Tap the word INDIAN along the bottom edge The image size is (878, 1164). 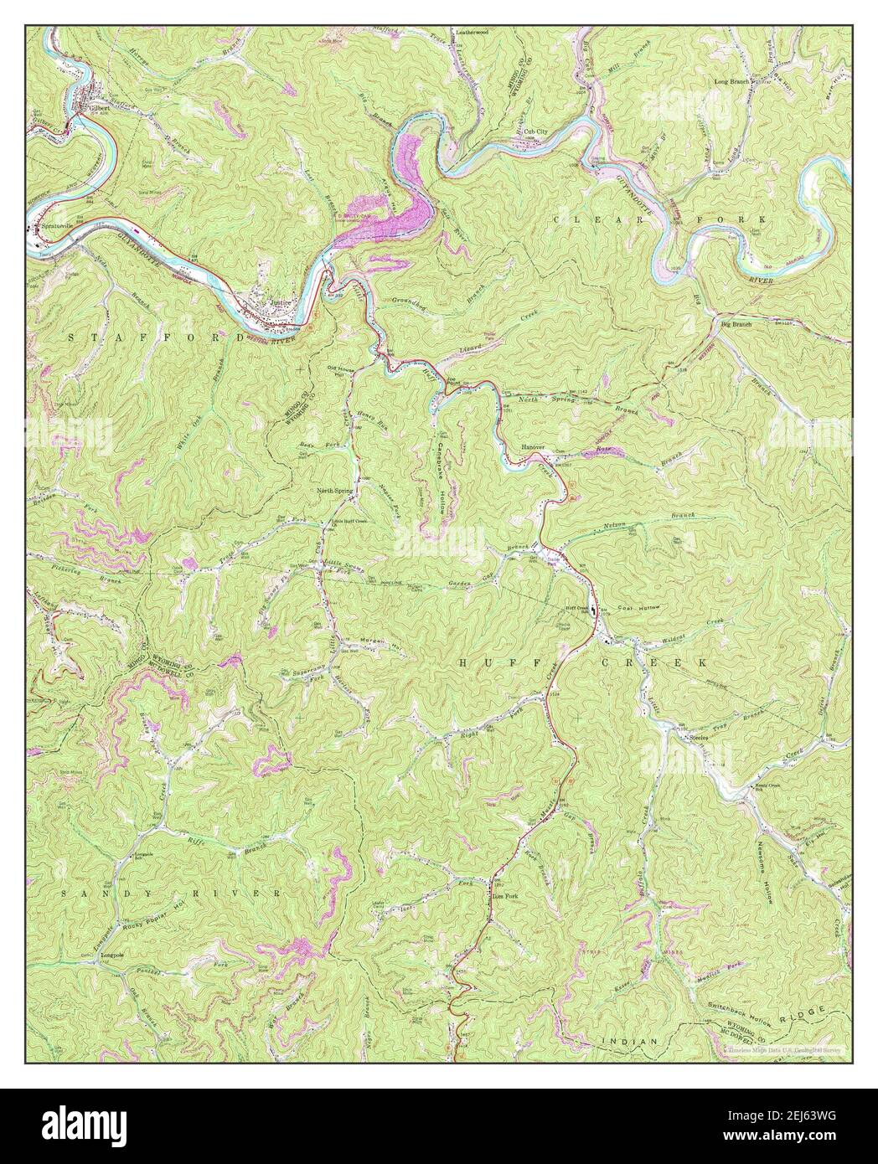point(629,1040)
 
